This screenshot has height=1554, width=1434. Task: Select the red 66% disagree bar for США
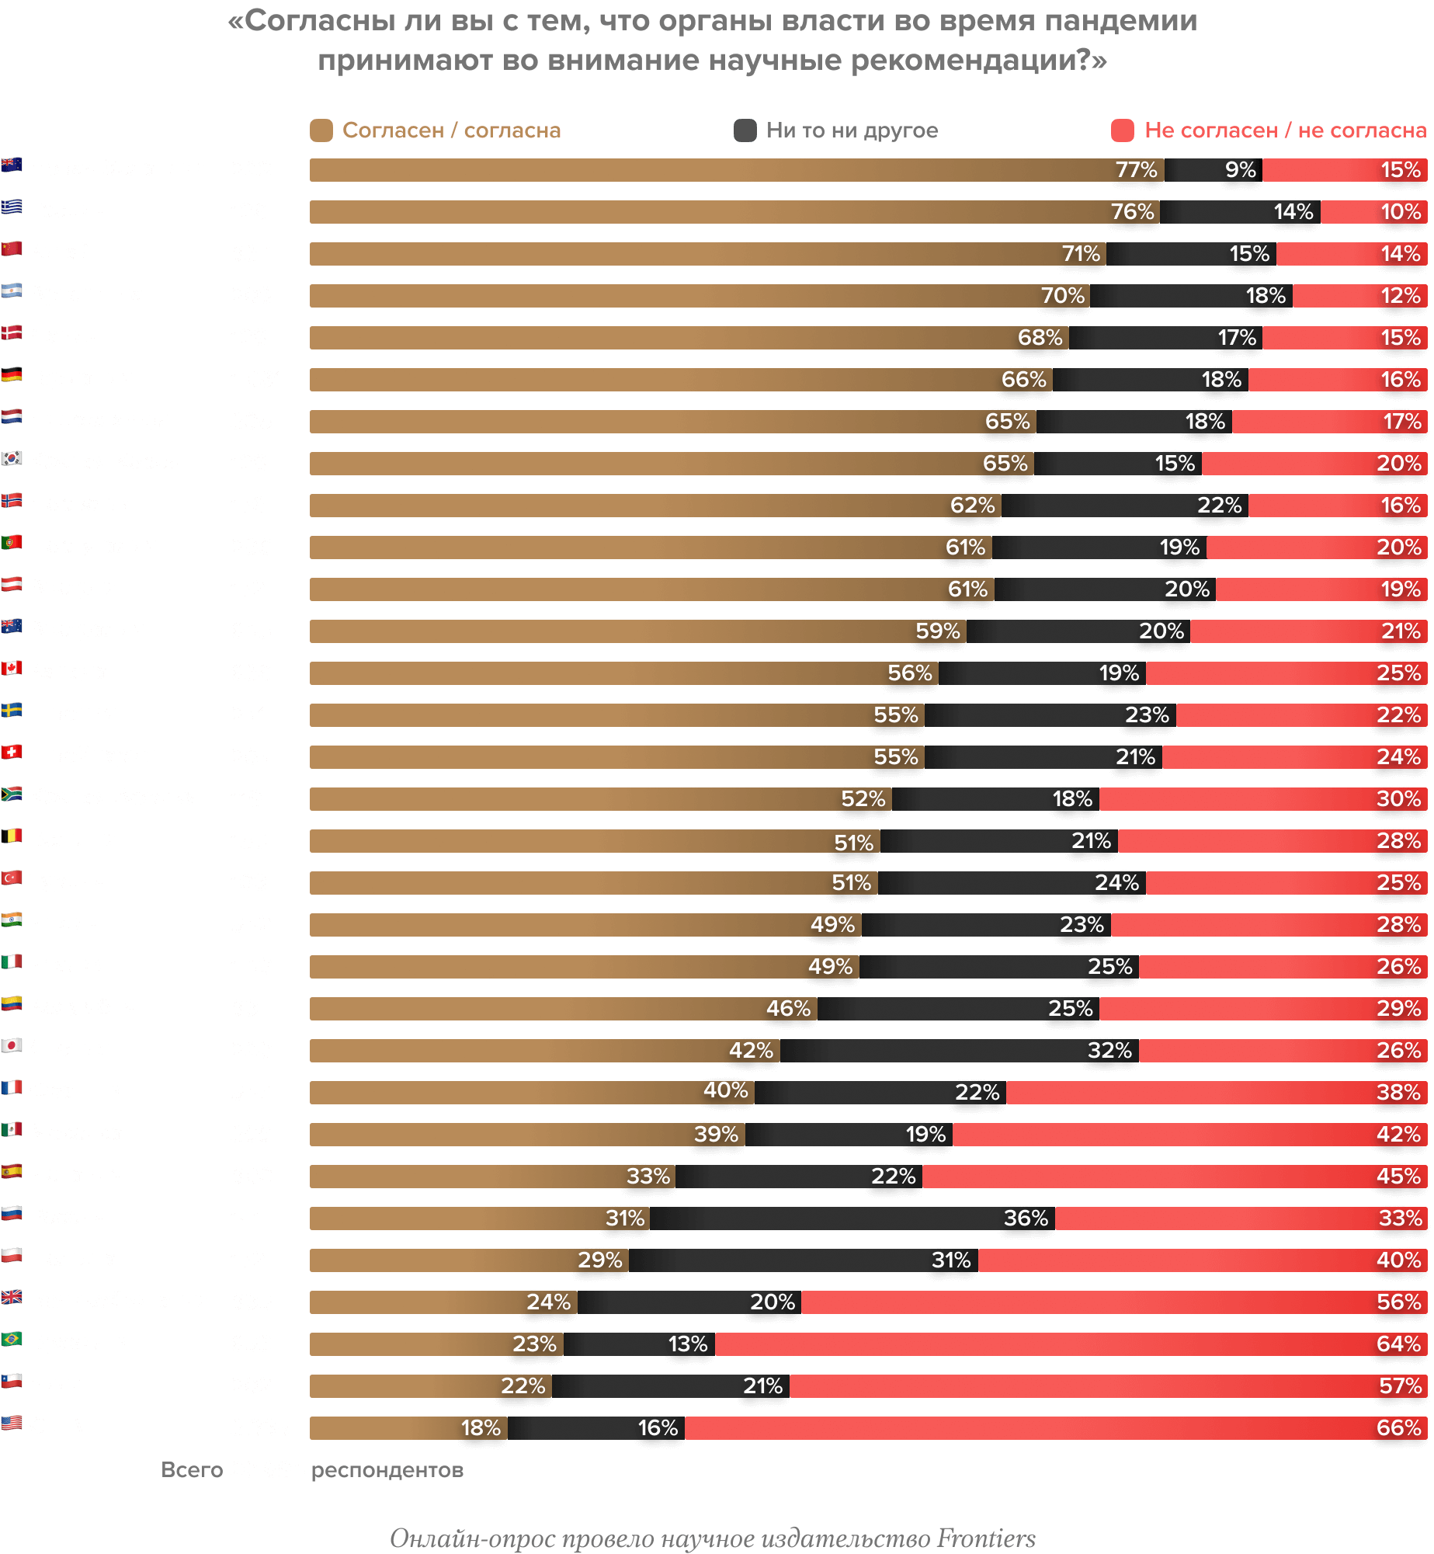click(1056, 1427)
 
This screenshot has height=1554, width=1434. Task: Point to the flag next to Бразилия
click(12, 1340)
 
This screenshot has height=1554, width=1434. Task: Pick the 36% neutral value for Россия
click(1026, 1218)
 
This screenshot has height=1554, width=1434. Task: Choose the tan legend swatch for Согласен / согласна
click(321, 130)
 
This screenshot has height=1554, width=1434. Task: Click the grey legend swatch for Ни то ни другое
click(745, 130)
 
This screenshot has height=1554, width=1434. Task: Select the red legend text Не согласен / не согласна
click(1285, 130)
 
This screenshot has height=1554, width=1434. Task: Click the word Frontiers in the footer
click(986, 1538)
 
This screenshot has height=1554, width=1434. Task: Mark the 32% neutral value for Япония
click(1109, 1050)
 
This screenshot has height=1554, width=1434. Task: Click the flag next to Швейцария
click(12, 753)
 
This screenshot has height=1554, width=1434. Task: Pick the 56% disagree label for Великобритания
click(1398, 1302)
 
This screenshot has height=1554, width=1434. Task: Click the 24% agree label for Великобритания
click(548, 1302)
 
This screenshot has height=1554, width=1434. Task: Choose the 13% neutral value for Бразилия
click(688, 1344)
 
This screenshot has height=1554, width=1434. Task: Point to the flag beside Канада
click(12, 669)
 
